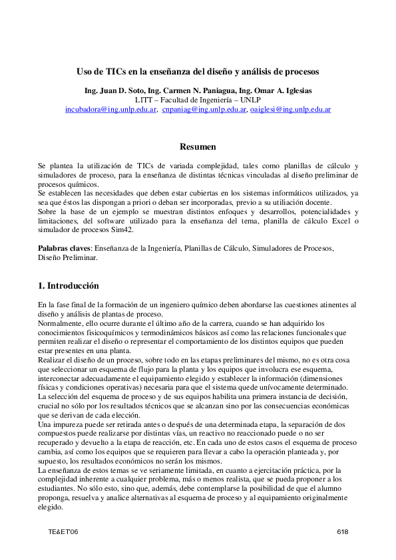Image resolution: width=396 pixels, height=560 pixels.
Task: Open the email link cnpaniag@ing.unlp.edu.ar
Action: coord(204,109)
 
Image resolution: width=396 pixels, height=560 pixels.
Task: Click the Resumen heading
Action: coord(198,146)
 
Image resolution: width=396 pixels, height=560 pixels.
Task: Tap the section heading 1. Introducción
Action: coord(69,286)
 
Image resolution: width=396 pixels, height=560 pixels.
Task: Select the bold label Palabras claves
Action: coord(65,248)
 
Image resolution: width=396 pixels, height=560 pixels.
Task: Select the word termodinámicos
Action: coord(176,324)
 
